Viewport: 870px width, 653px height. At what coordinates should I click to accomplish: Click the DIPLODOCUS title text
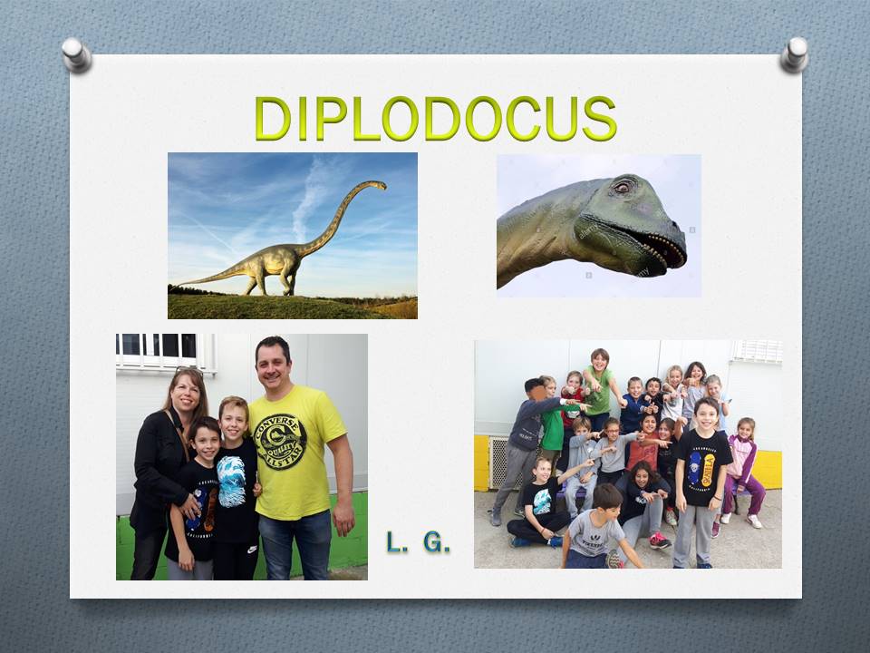tap(436, 118)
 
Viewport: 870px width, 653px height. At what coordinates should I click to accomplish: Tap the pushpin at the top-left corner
tap(76, 54)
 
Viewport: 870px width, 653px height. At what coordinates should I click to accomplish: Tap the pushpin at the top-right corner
tap(794, 54)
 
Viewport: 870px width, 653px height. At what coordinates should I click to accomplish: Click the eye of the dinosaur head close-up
tap(622, 187)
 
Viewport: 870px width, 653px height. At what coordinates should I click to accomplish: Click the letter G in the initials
tap(436, 542)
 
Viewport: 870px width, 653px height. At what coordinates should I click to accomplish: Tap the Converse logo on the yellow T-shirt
tap(280, 442)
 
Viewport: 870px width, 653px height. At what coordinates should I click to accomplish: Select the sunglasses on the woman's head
tap(189, 369)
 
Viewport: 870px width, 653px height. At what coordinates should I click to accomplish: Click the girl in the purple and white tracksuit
tap(742, 472)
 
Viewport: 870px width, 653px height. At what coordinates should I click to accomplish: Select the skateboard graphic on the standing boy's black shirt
tap(701, 468)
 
